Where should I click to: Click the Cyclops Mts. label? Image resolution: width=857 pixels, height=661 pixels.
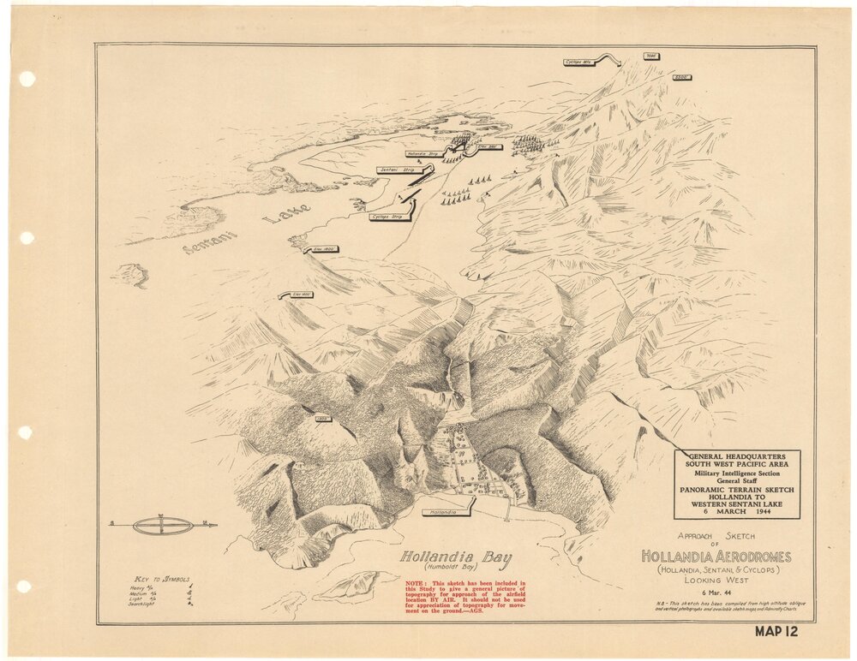tap(580, 62)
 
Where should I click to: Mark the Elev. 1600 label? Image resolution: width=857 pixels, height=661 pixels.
tap(302, 295)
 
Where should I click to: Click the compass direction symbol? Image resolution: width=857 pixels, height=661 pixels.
tap(163, 525)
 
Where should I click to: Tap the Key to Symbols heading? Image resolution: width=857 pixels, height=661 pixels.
tap(163, 580)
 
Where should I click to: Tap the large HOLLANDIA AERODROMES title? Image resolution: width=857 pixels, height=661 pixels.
tap(716, 557)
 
